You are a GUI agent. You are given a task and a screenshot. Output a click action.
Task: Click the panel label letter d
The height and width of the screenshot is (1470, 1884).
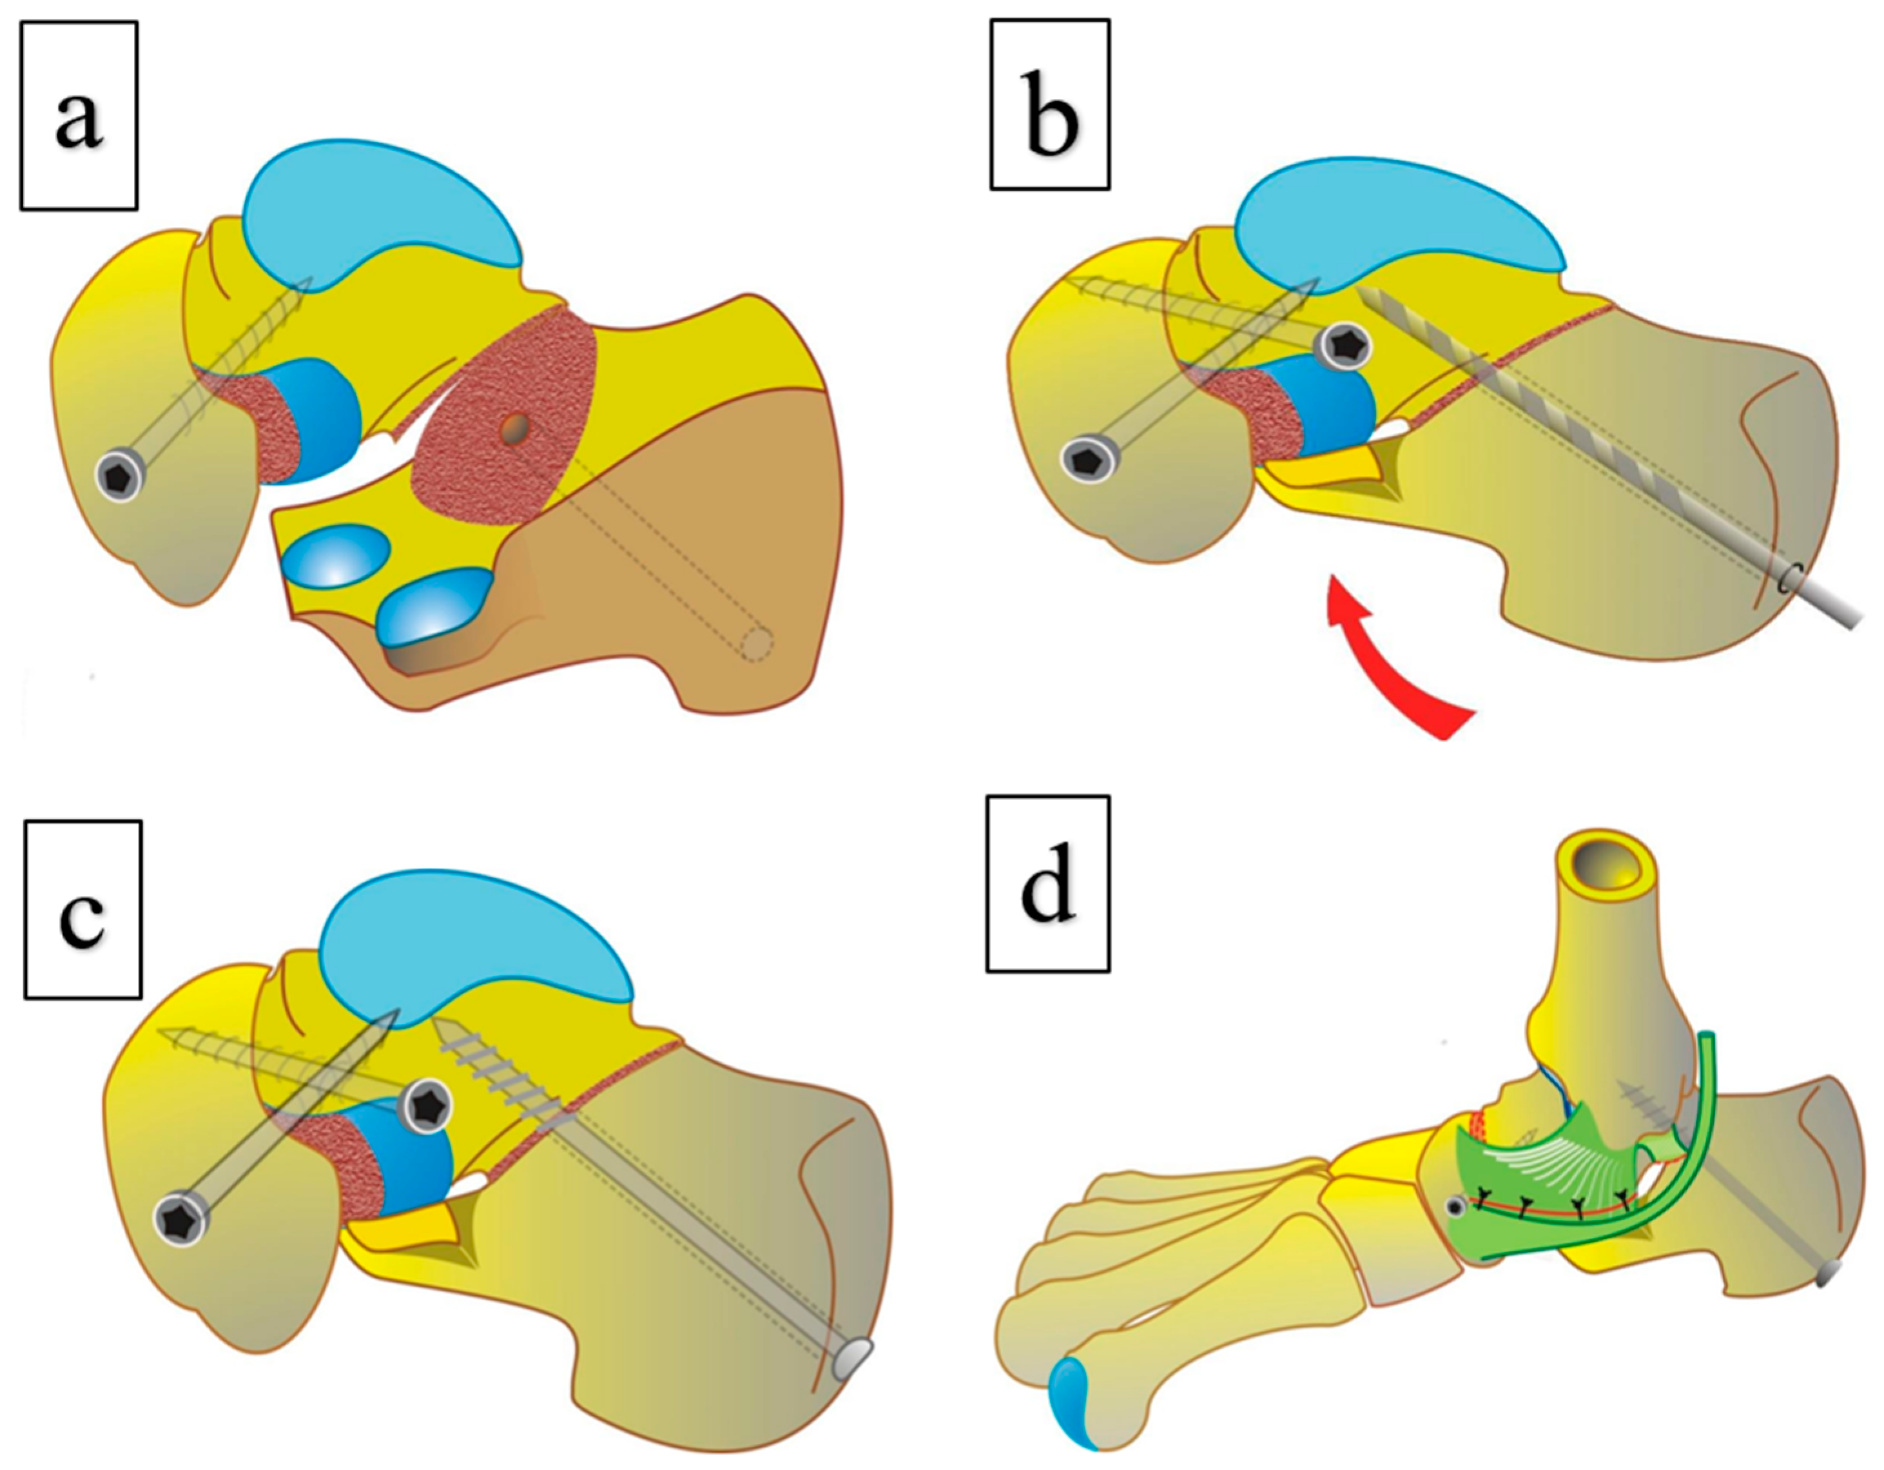[x=1049, y=883]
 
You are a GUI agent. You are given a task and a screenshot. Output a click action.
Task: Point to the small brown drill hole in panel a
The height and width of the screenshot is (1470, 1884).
[x=515, y=429]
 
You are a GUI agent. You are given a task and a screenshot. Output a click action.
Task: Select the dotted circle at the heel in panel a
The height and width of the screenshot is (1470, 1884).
[x=757, y=643]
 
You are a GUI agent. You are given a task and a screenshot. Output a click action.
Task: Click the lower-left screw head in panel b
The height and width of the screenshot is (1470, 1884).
[x=1089, y=458]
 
